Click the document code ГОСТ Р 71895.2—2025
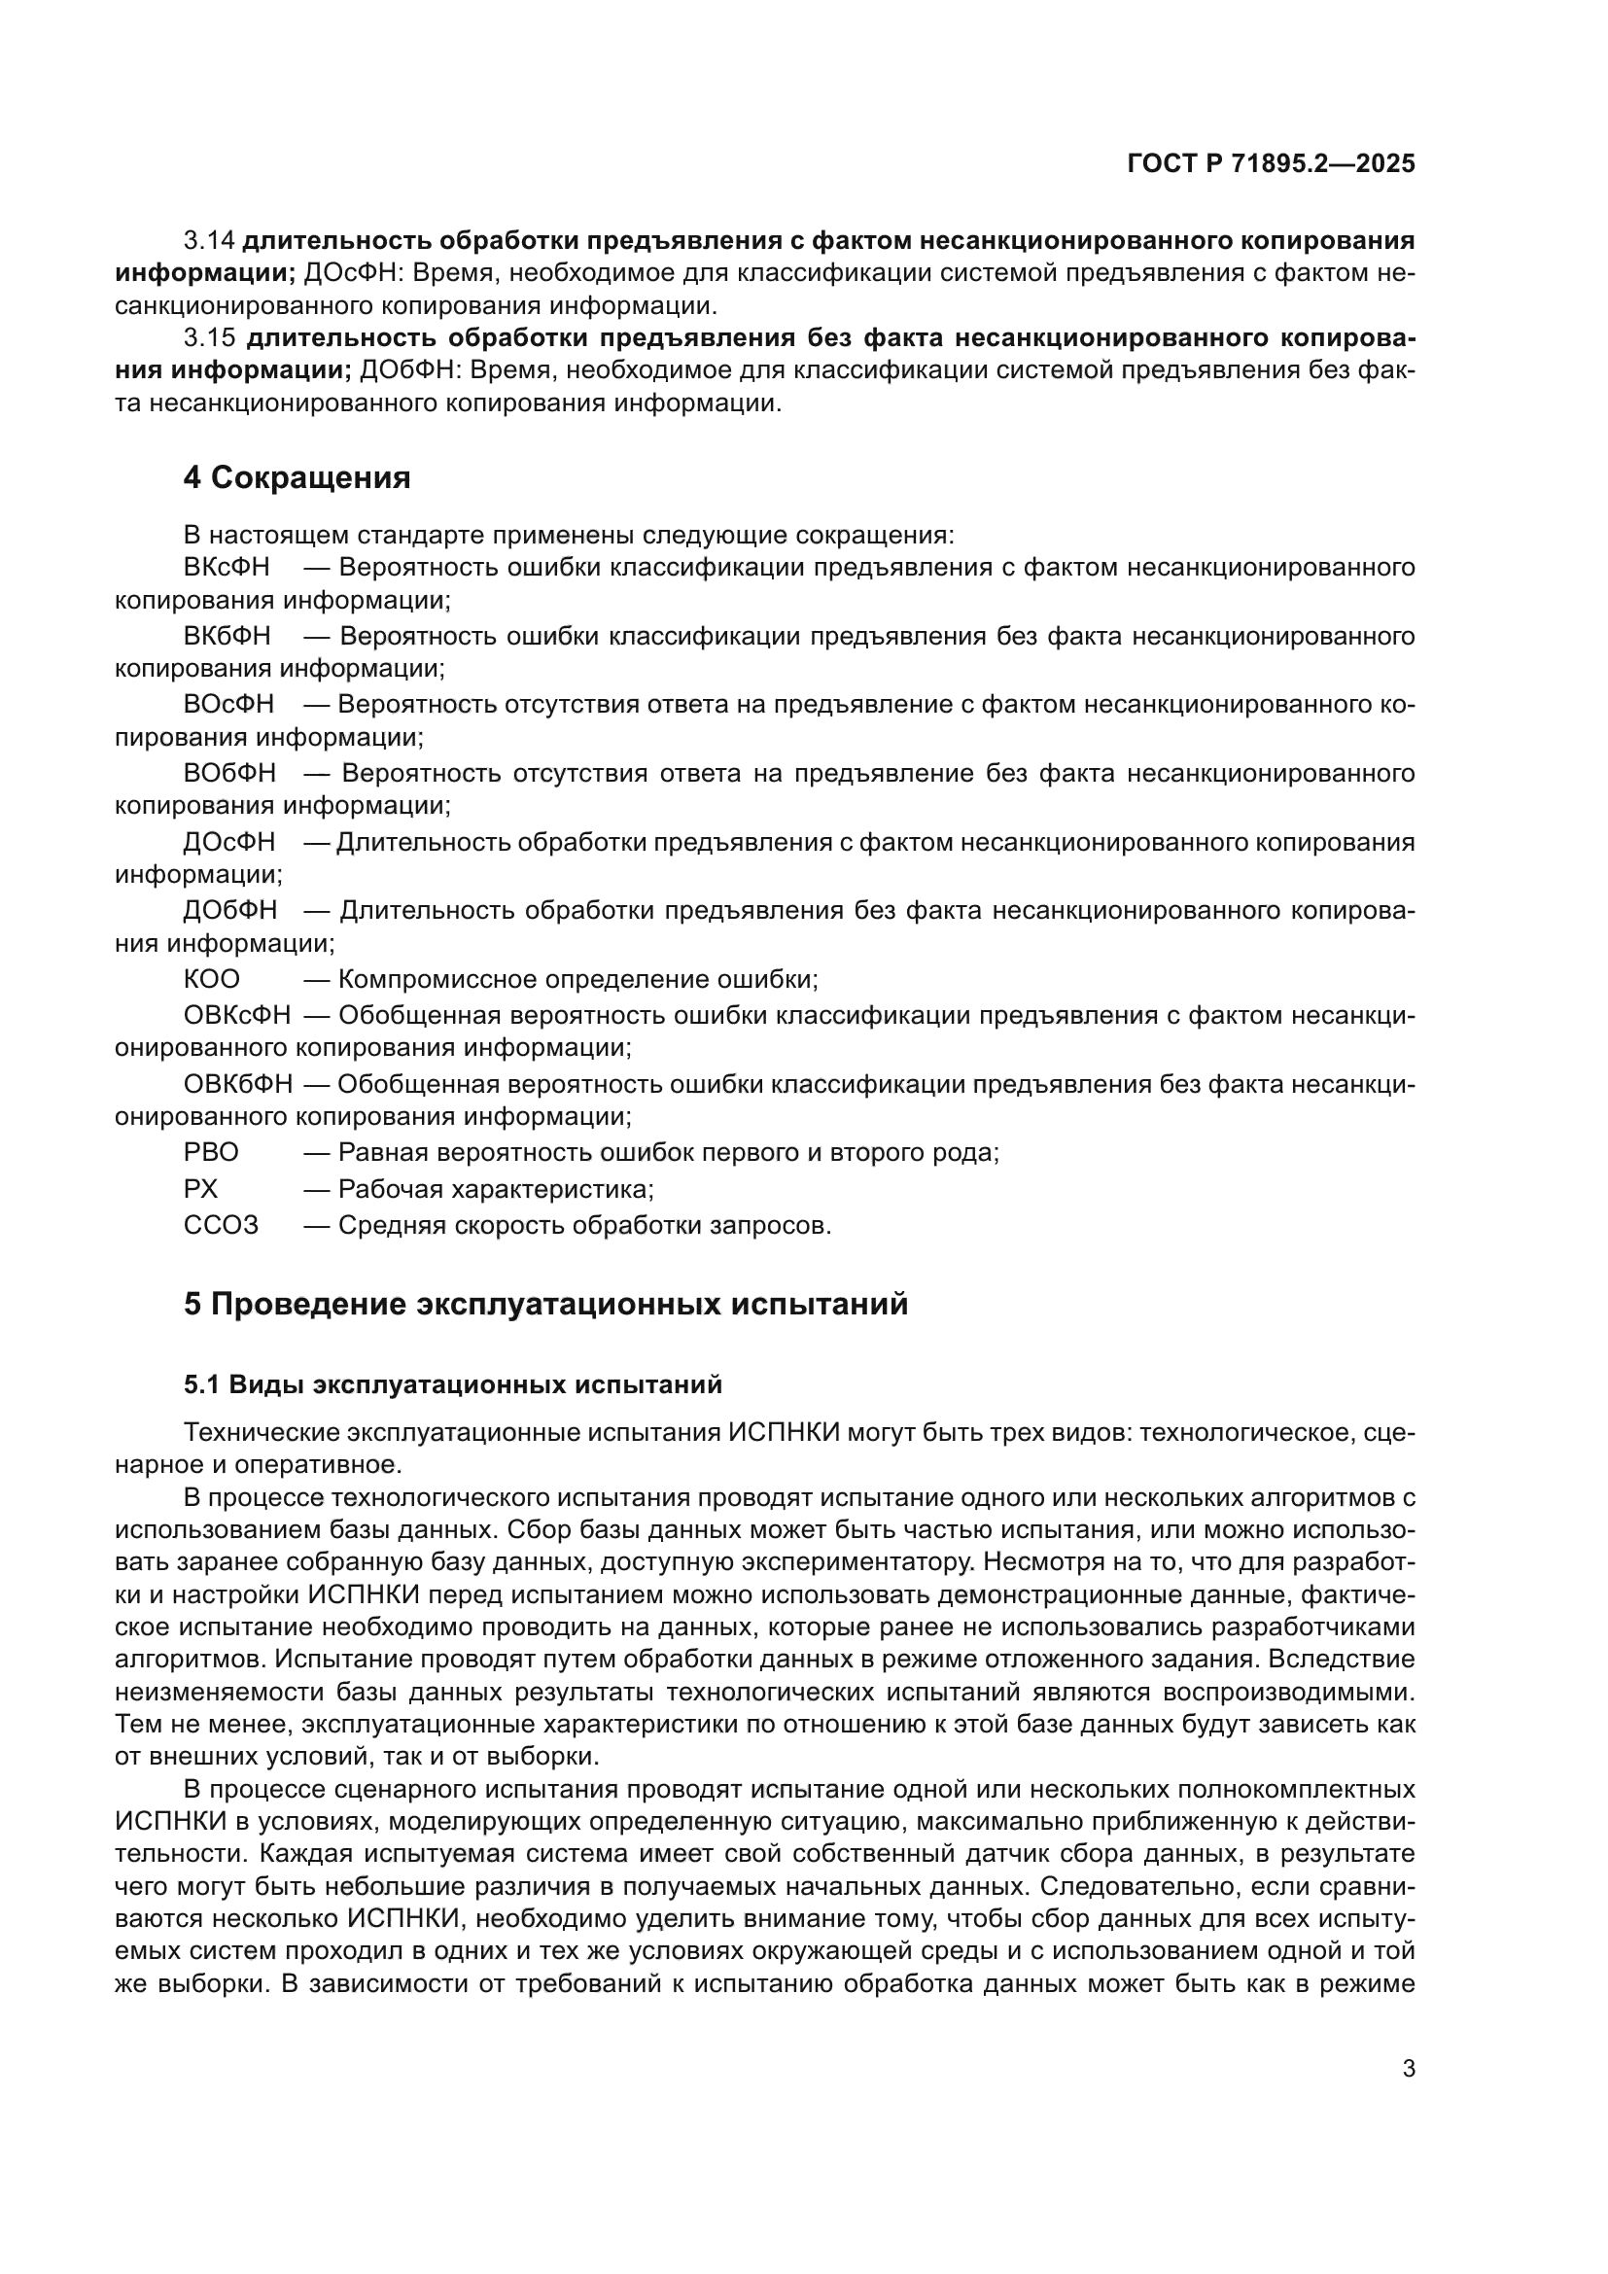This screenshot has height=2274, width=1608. tap(1271, 163)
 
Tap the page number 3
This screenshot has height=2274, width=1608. tap(1408, 2068)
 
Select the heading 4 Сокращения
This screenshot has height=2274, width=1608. tap(297, 477)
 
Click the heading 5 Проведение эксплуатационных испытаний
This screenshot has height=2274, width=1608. tap(544, 1305)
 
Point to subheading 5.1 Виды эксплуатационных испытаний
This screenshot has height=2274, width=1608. tap(452, 1384)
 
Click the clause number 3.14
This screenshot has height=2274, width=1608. tap(209, 241)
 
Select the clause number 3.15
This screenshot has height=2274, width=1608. tap(210, 337)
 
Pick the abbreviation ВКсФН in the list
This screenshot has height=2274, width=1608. tap(227, 568)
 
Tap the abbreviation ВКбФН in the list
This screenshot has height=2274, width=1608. tap(227, 636)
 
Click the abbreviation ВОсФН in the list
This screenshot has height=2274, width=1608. tap(228, 704)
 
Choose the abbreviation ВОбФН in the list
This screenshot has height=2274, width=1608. tap(229, 773)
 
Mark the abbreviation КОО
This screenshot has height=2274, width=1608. tap(211, 980)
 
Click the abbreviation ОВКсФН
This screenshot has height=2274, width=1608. tap(237, 1015)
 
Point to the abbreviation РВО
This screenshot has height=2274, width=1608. tap(211, 1153)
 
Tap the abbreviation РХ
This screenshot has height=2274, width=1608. tap(200, 1188)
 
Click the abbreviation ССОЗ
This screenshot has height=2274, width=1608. tap(221, 1225)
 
